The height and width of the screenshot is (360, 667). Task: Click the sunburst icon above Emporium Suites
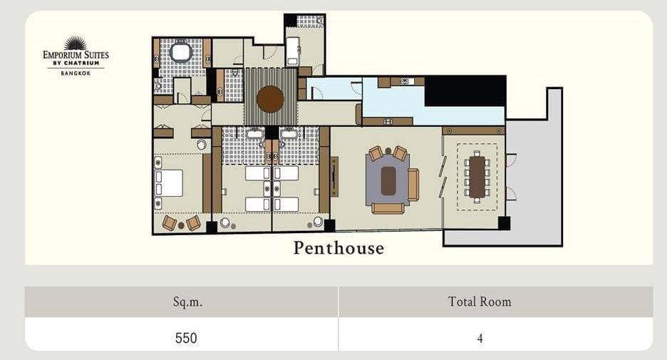(76, 43)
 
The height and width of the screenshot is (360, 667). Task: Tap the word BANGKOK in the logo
(76, 73)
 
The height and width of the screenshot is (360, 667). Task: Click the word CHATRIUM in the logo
(82, 63)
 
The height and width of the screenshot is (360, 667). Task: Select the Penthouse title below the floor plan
(338, 248)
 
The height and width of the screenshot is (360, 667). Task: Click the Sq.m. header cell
(181, 302)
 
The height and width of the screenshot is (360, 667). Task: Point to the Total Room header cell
(496, 302)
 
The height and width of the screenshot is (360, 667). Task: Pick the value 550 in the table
(186, 339)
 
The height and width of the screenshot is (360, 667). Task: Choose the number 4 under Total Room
(480, 339)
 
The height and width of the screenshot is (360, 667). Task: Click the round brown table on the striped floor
(270, 99)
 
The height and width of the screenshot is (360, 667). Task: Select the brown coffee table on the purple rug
(388, 181)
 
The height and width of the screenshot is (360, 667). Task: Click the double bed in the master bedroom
(169, 183)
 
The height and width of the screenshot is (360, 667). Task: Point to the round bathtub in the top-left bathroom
(181, 52)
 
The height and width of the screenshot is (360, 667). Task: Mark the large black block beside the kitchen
(465, 91)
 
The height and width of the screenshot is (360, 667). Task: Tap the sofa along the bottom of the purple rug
(388, 208)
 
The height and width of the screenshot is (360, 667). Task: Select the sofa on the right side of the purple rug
(413, 185)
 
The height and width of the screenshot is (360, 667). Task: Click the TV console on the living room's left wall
(334, 177)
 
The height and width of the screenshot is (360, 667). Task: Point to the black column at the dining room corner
(504, 223)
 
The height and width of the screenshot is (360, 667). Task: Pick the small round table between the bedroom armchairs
(181, 225)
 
